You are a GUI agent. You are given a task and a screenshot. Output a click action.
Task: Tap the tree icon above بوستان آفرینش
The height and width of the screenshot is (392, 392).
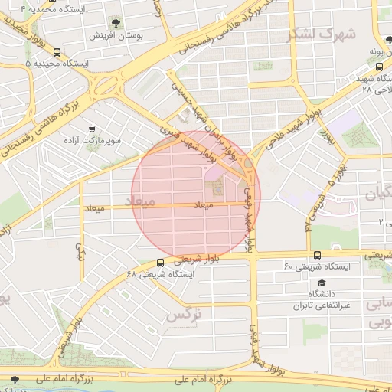pyautogui.click(x=116, y=23)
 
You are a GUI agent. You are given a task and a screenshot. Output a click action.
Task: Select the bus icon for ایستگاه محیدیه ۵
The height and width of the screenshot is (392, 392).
pyautogui.click(x=58, y=52)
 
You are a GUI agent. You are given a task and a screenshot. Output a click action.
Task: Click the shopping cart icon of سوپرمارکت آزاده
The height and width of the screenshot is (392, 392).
pyautogui.click(x=92, y=129)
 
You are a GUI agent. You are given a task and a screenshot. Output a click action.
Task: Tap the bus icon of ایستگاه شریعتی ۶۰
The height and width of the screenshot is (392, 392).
pyautogui.click(x=317, y=255)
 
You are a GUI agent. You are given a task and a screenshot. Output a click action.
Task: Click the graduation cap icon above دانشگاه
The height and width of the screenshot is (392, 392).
pyautogui.click(x=317, y=282)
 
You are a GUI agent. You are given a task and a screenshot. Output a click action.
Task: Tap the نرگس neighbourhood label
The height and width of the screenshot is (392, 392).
pyautogui.click(x=184, y=314)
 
